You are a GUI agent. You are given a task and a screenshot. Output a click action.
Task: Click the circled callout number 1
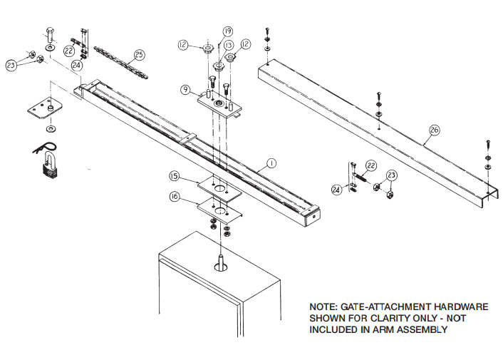(270, 163)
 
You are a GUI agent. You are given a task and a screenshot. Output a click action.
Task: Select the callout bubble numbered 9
(185, 91)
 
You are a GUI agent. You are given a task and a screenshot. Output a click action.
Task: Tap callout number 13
(229, 46)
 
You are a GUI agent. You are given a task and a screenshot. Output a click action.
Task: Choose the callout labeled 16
(175, 196)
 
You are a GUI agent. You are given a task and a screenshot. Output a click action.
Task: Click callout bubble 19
(227, 31)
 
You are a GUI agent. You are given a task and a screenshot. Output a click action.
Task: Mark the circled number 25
(139, 54)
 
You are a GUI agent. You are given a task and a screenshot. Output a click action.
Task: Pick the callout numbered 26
(435, 130)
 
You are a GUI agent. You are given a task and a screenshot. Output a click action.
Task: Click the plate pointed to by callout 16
(220, 210)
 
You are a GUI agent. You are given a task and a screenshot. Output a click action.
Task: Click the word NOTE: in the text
(325, 307)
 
